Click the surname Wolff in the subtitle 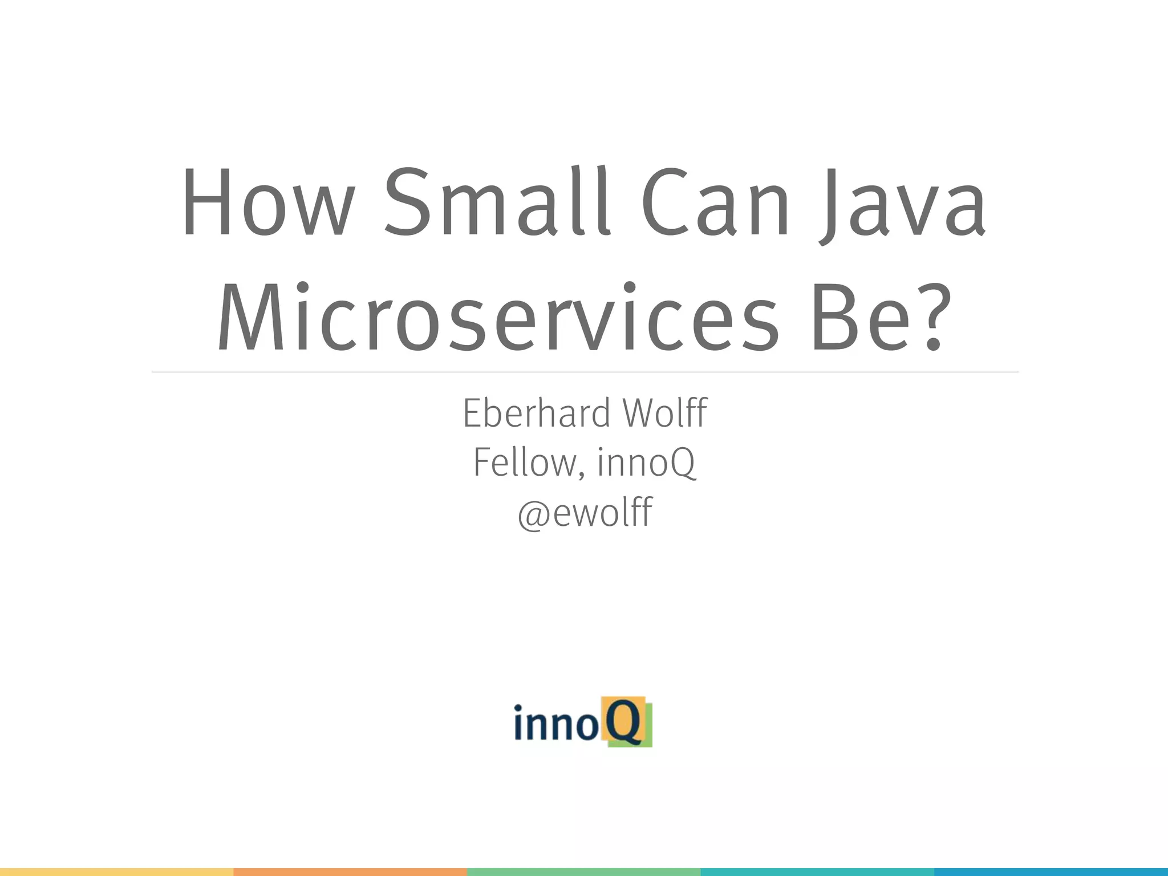pyautogui.click(x=665, y=413)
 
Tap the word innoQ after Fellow pyautogui.click(x=646, y=463)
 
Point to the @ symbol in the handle pyautogui.click(x=533, y=514)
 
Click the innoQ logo pyautogui.click(x=583, y=722)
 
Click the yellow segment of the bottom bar pyautogui.click(x=116, y=872)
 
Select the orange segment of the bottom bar pyautogui.click(x=350, y=872)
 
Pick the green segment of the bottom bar pyautogui.click(x=583, y=872)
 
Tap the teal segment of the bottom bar pyautogui.click(x=817, y=872)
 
